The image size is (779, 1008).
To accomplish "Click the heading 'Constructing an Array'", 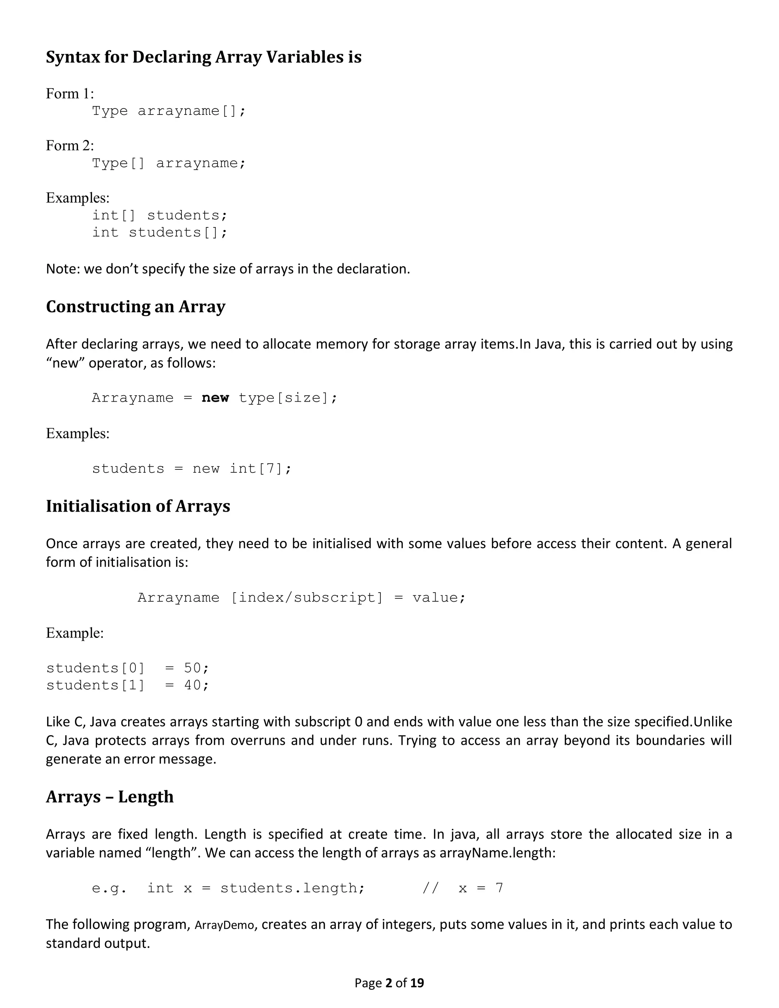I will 136,307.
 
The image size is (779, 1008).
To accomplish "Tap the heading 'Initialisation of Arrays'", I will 138,506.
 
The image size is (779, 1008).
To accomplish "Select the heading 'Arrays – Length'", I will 110,797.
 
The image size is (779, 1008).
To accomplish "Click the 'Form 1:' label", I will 70,94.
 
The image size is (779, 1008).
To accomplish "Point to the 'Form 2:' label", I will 70,146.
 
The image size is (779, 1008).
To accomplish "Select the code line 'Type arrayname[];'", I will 169,111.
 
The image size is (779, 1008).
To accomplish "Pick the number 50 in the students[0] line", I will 193,668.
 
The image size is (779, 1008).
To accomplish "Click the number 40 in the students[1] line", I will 193,685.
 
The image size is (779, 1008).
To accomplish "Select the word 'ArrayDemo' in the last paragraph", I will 224,925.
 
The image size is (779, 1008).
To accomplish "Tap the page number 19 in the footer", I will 417,983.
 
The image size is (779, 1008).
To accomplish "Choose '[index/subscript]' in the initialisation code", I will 307,598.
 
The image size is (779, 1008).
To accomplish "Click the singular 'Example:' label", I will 75,633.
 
